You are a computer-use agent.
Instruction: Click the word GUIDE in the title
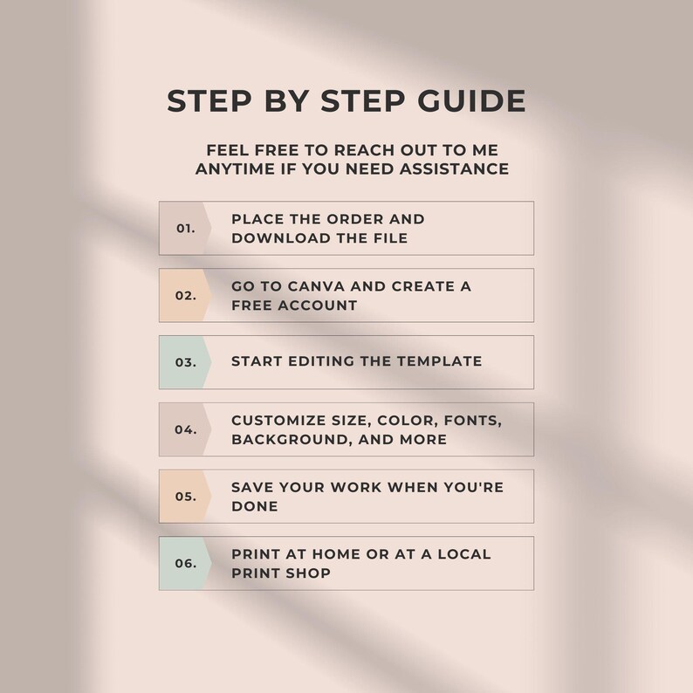471,100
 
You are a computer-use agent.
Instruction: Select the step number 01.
186,229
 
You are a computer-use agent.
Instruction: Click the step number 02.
186,295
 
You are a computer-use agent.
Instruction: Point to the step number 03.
186,362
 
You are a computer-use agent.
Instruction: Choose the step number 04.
186,429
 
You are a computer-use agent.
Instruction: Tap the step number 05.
186,497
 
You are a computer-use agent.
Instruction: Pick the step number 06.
186,564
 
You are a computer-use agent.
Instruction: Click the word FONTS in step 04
473,421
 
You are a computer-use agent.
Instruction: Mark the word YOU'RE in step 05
473,487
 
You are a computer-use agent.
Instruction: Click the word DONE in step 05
255,506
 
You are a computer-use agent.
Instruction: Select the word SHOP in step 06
308,573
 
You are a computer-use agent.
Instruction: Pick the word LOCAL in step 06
464,554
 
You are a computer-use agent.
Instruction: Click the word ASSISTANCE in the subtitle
454,168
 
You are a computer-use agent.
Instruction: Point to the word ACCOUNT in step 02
318,305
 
